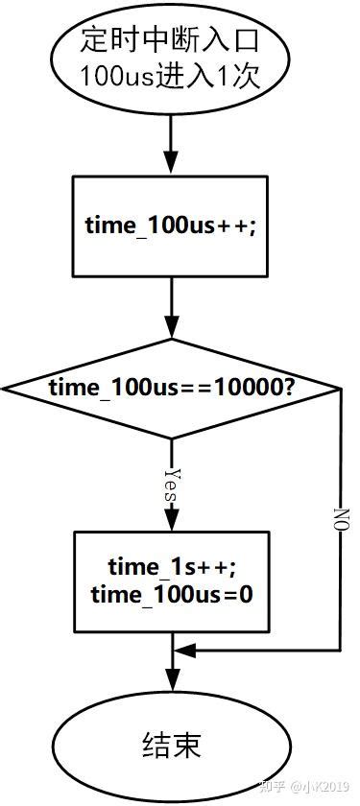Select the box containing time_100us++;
pos(172,225)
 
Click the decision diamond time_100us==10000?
pos(172,390)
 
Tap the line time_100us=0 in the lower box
pos(172,595)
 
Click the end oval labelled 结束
pos(172,745)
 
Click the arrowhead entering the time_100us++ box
pos(172,165)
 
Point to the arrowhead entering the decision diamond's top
pos(172,329)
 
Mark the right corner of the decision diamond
pos(340,390)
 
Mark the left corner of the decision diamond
pos(4,390)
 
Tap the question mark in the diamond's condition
pos(288,390)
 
